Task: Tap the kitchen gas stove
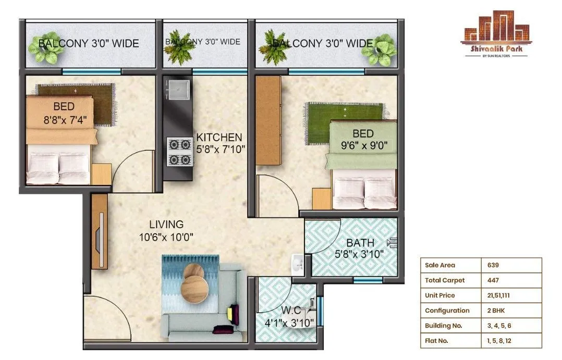pyautogui.click(x=179, y=152)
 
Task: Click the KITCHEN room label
pyautogui.click(x=219, y=138)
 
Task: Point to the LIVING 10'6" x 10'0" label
pyautogui.click(x=166, y=230)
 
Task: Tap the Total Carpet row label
pyautogui.click(x=445, y=280)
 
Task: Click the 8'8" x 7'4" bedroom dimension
pyautogui.click(x=65, y=119)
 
